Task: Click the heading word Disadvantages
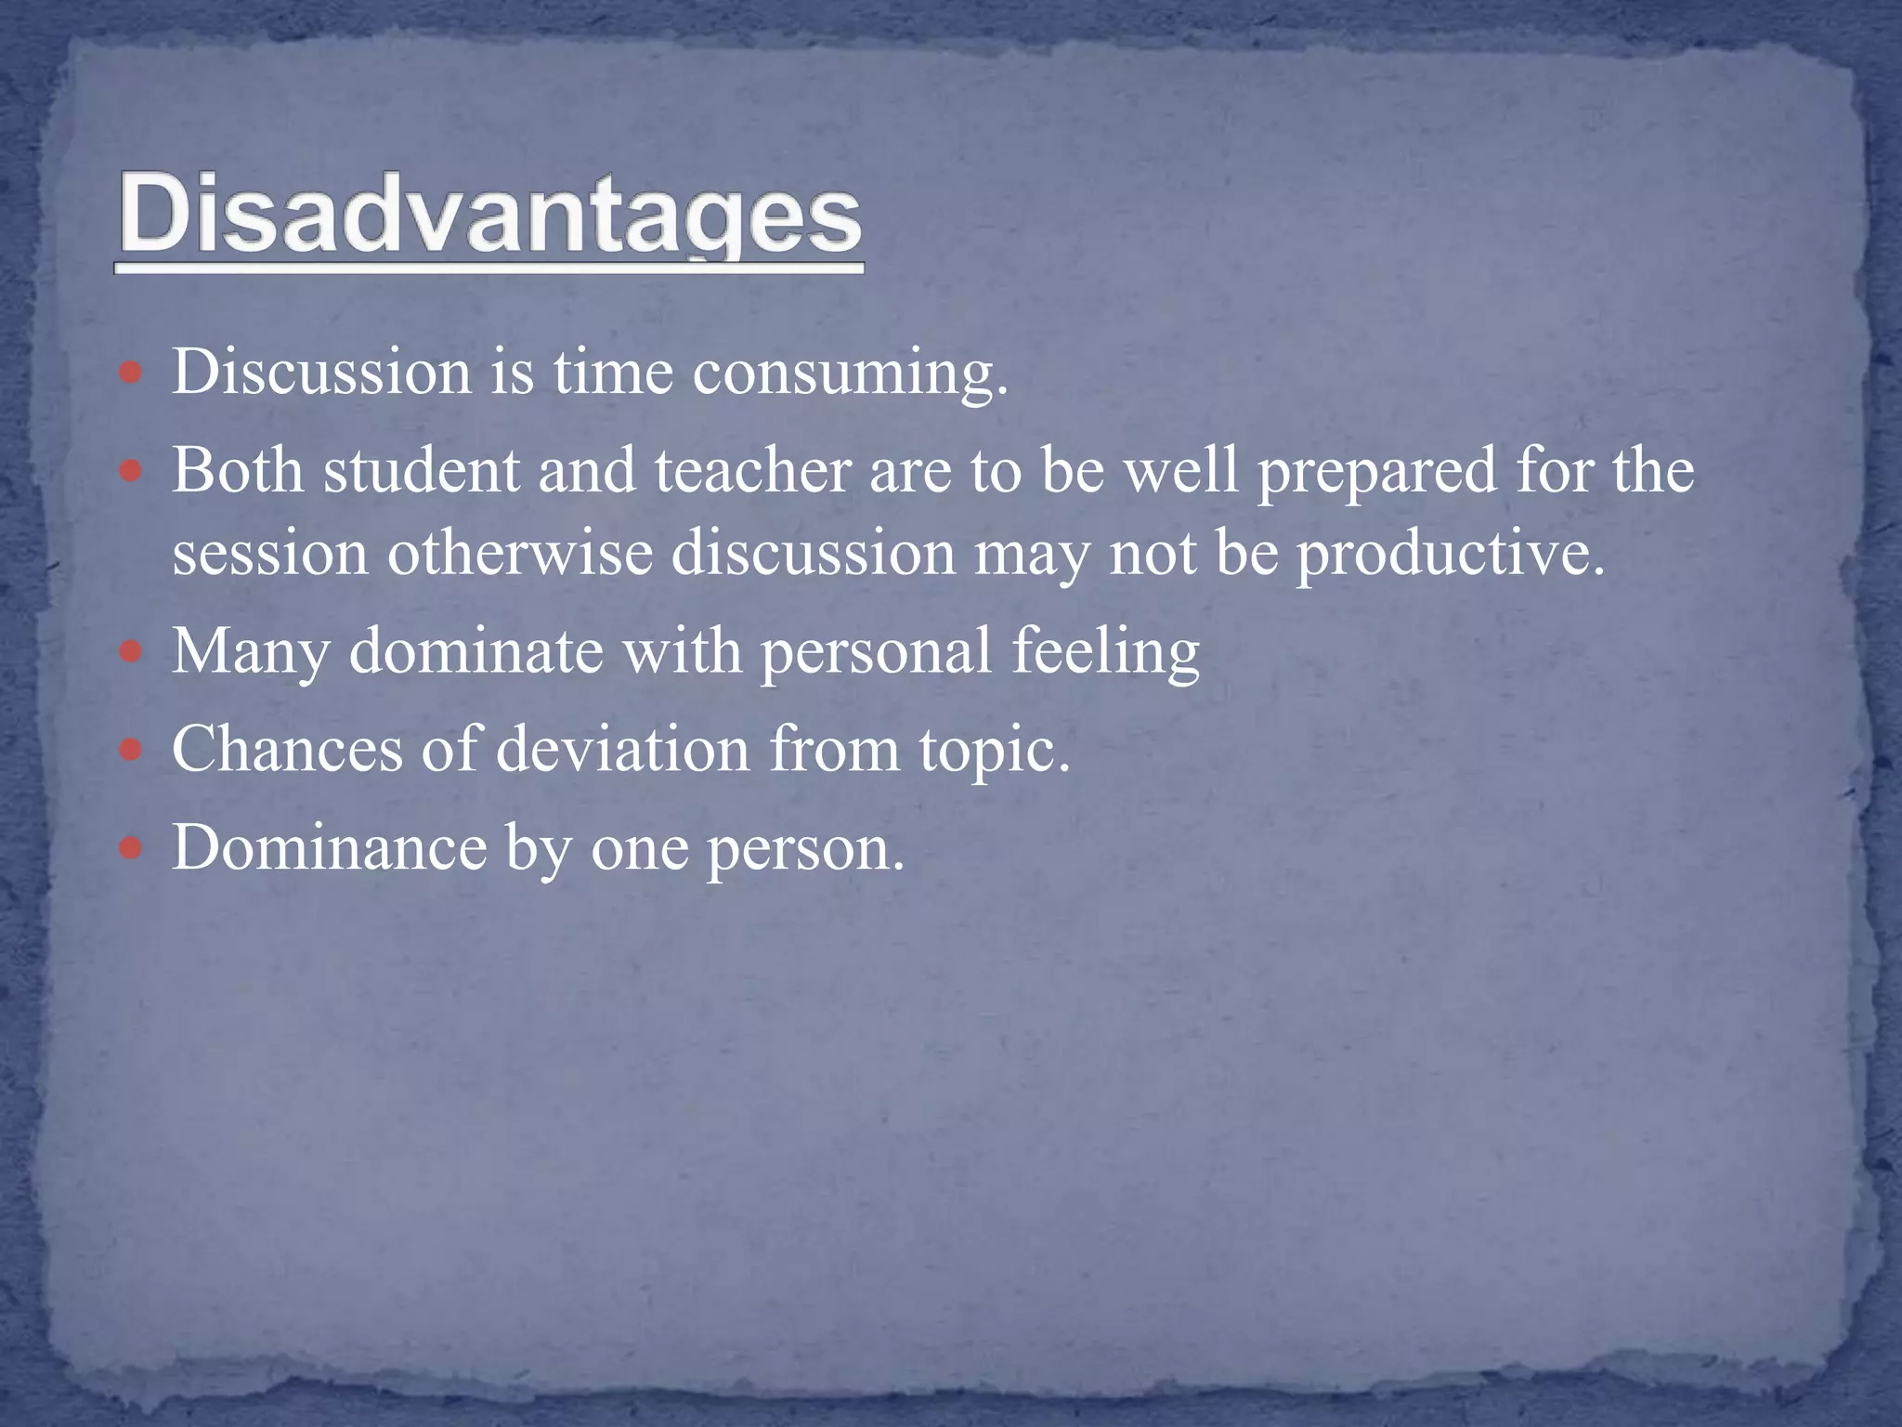(x=489, y=216)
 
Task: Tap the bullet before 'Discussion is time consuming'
(x=132, y=373)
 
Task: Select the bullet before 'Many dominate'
(x=132, y=652)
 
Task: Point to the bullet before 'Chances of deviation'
(x=132, y=750)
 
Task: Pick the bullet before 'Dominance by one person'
(x=132, y=848)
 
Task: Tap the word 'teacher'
(x=753, y=470)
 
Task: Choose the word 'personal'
(x=876, y=651)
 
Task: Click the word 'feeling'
(x=1105, y=652)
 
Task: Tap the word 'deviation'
(x=622, y=749)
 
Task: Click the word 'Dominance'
(x=329, y=847)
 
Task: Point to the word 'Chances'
(x=287, y=749)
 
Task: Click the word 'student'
(x=421, y=470)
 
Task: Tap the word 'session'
(x=270, y=554)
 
